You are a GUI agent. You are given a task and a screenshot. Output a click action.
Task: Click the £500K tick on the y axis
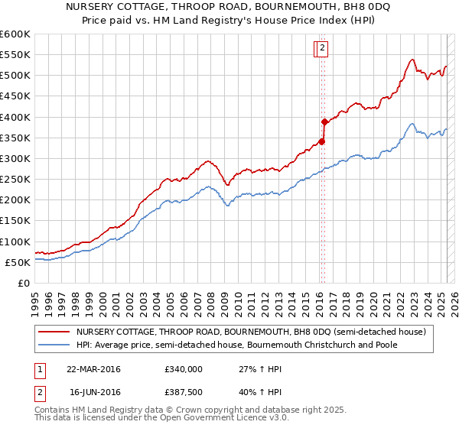click(x=15, y=76)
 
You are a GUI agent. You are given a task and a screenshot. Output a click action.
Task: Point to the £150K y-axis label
click(x=15, y=221)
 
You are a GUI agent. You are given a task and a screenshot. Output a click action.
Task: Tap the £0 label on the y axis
click(x=23, y=284)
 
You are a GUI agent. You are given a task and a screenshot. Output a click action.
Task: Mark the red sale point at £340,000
click(x=322, y=141)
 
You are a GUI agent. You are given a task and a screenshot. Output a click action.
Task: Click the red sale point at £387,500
click(x=324, y=122)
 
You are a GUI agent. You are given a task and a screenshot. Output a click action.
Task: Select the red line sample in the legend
click(x=54, y=332)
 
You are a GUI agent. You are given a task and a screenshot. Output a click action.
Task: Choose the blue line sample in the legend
click(x=54, y=345)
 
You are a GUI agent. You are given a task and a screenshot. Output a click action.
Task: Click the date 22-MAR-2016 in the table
click(x=93, y=369)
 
